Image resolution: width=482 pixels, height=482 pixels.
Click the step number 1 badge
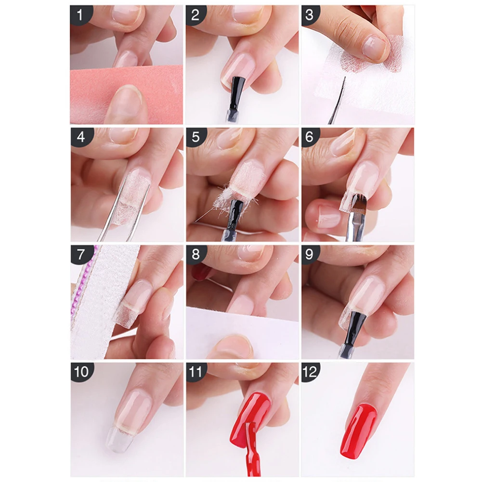80,15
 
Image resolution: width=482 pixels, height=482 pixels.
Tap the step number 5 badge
196,137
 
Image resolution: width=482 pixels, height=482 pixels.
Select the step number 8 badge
195,255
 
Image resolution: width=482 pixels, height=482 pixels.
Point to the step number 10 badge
81,372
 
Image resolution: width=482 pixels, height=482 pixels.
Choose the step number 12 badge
310,372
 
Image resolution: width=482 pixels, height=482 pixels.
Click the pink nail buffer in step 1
126,94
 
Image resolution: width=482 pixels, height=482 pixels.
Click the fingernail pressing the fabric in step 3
373,48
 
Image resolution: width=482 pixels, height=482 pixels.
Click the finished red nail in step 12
358,431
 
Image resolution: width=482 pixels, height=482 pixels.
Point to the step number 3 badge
311,15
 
